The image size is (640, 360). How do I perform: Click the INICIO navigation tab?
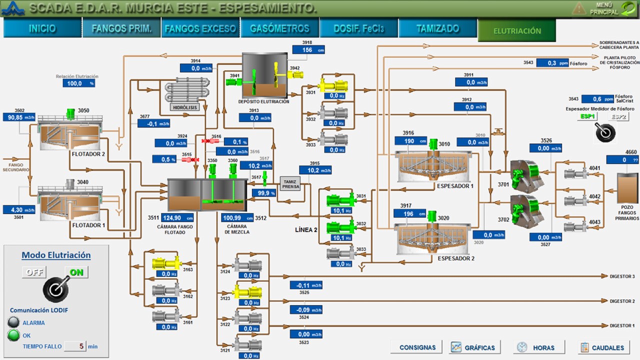[42, 28]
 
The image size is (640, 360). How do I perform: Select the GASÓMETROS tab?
[280, 28]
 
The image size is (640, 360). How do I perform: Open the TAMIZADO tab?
[438, 28]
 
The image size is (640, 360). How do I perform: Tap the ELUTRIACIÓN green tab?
[517, 30]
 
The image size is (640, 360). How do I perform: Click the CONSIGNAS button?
[417, 347]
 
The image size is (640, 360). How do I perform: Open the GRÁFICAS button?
[473, 347]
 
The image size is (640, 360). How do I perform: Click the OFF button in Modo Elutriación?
[34, 272]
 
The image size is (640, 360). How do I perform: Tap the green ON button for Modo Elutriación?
[76, 272]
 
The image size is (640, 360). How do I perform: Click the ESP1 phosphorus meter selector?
[588, 116]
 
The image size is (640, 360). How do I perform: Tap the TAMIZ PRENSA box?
[291, 184]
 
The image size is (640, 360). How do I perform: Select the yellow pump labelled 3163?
[166, 263]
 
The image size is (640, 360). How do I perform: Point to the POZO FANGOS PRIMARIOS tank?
[627, 190]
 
